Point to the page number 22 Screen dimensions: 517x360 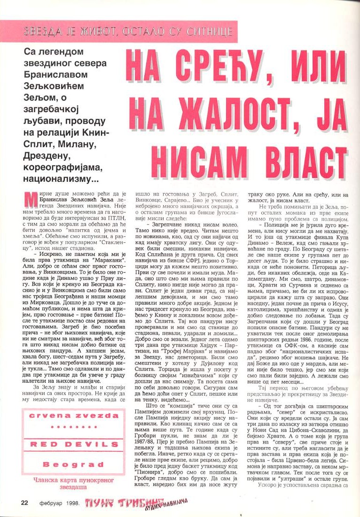point(25,502)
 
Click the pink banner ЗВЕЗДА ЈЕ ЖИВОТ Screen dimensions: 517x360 point(119,31)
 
